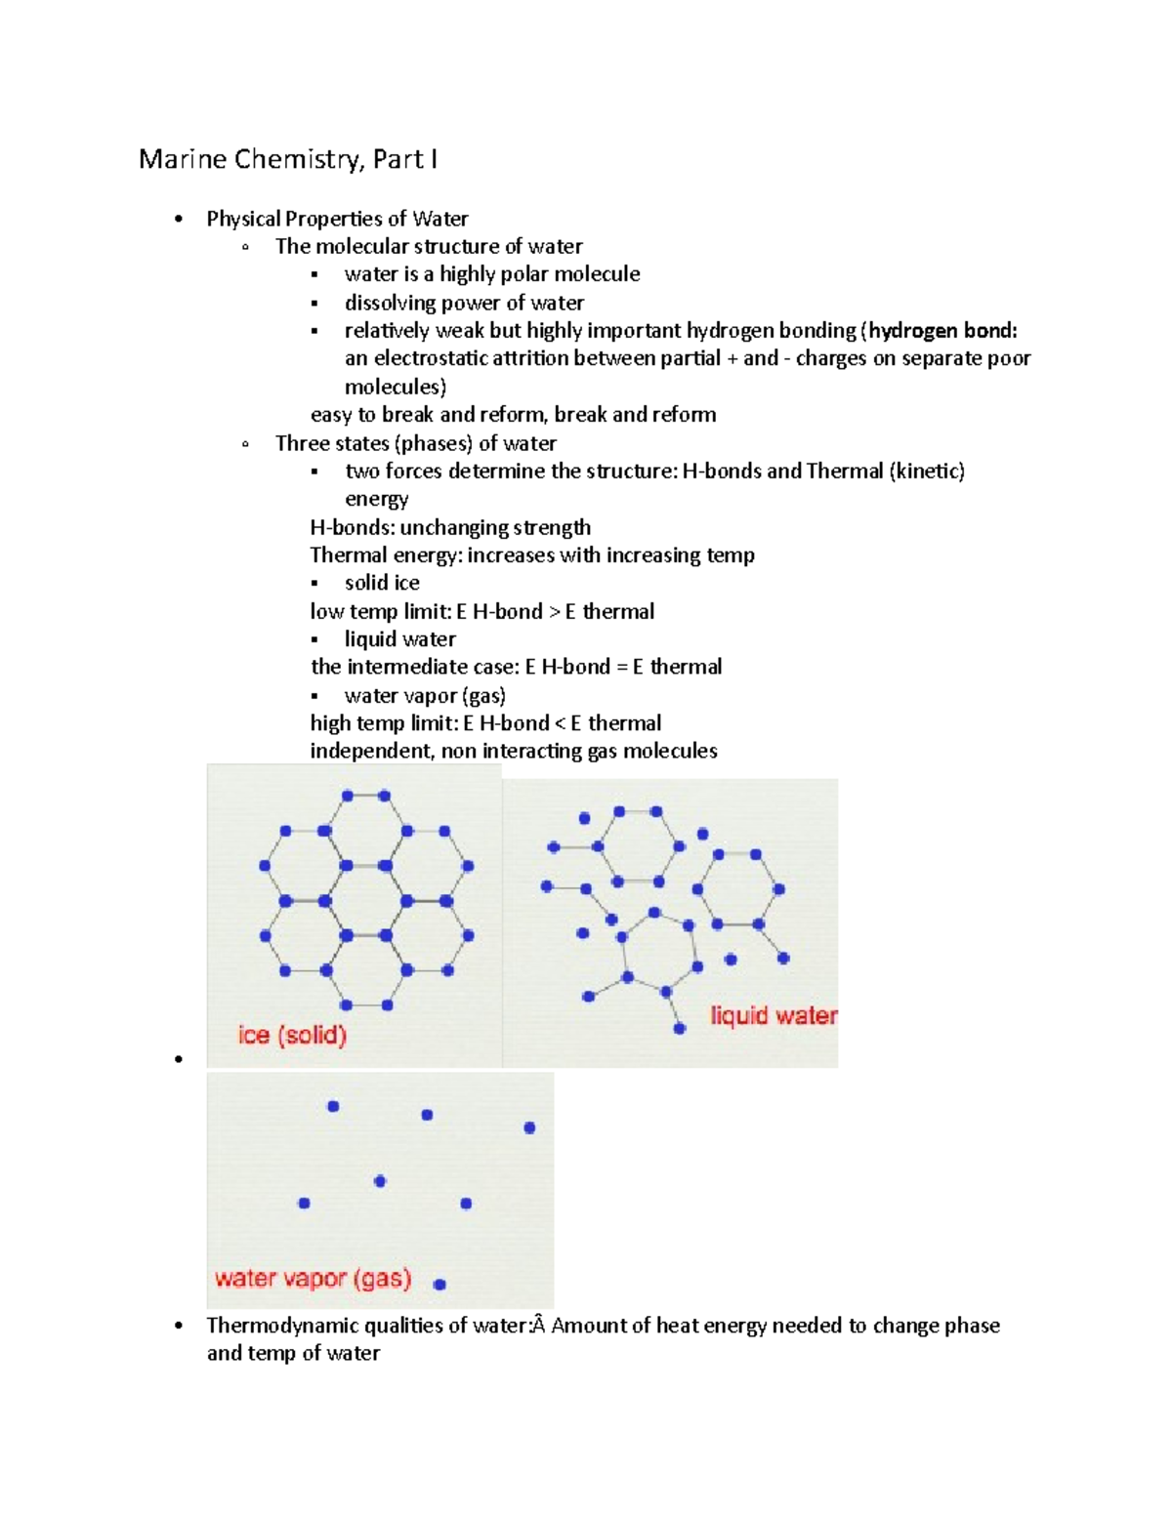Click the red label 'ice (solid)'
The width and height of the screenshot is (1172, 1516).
[x=292, y=1035]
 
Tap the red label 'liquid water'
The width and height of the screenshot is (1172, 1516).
[x=774, y=1016]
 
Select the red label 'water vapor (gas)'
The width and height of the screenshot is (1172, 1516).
[x=313, y=1278]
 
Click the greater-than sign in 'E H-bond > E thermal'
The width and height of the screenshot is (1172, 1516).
[x=555, y=612]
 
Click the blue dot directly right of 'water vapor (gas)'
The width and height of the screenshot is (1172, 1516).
[x=439, y=1285]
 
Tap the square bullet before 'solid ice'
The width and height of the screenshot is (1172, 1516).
[x=314, y=584]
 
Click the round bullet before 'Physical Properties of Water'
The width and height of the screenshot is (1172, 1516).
[x=178, y=220]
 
